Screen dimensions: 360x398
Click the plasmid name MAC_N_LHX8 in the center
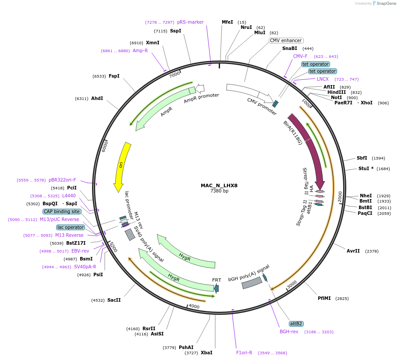[219, 185]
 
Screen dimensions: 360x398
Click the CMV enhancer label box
[285, 40]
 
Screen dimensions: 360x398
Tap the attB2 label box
[296, 324]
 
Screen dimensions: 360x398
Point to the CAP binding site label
[62, 211]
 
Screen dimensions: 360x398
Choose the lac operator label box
[70, 227]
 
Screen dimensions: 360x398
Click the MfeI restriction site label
[227, 22]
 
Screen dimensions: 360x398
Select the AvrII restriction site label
[353, 251]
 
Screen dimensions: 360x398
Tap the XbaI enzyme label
[206, 353]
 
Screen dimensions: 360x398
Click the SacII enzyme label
[114, 300]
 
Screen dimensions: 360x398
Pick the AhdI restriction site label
[97, 98]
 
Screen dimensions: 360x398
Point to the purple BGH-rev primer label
[289, 331]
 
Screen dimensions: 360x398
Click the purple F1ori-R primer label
[244, 353]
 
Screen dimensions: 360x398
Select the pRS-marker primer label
[190, 22]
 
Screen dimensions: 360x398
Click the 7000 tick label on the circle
[174, 75]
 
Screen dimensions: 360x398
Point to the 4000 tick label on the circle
[194, 307]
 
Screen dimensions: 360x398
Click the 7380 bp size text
[219, 191]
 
